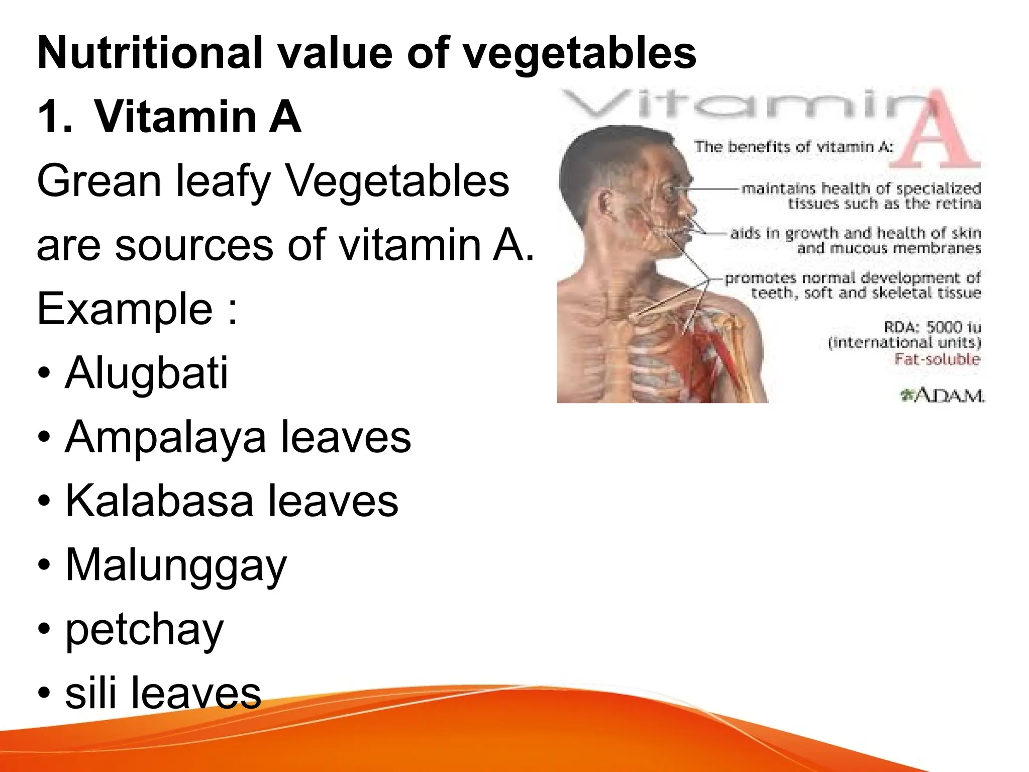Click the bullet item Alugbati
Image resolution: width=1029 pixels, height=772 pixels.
coord(146,373)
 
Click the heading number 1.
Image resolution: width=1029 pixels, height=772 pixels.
coord(54,117)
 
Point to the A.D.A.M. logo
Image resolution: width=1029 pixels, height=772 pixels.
coord(942,396)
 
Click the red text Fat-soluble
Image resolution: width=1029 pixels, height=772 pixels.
coord(937,359)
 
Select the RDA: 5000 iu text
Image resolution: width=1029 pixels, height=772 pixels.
coord(932,327)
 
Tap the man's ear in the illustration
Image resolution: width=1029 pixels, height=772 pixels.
coord(605,205)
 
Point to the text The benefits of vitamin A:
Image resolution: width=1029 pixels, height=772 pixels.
coord(794,147)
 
